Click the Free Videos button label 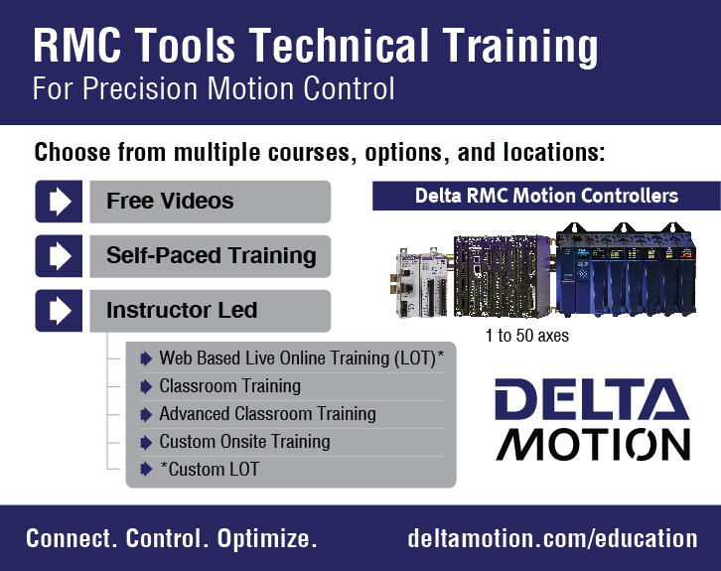tap(170, 201)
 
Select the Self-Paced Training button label tap(212, 255)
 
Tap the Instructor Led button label tap(182, 310)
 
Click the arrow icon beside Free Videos tap(59, 202)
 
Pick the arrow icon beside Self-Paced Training tap(59, 256)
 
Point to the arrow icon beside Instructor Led tap(59, 311)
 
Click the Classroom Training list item tap(230, 386)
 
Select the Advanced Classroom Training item tap(267, 414)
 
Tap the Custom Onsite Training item tap(244, 442)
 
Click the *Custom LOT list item tap(210, 470)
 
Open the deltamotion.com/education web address tap(552, 538)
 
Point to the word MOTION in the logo tap(593, 445)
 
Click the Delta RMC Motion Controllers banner tap(546, 196)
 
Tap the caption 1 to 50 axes tap(527, 336)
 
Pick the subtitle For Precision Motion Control tap(214, 87)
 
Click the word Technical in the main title tap(340, 45)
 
